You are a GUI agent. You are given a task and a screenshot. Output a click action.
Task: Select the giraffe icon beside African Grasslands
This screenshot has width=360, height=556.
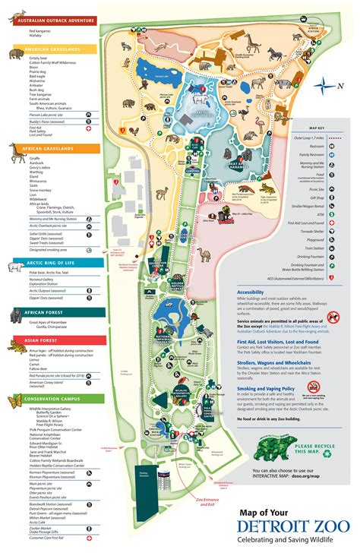[x=17, y=153]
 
